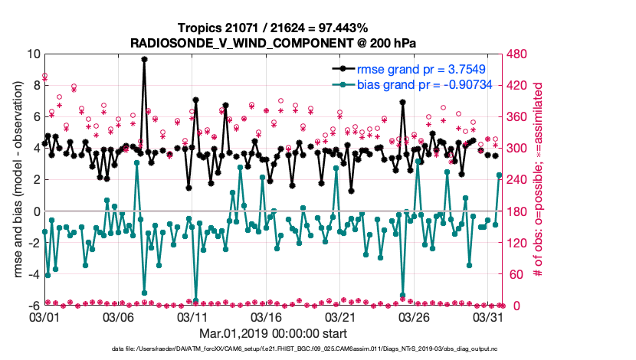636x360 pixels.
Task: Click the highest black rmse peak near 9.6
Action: click(144, 59)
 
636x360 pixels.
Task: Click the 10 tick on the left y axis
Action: click(33, 54)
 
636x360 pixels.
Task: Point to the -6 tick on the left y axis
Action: click(33, 306)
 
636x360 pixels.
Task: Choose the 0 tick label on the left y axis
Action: click(36, 211)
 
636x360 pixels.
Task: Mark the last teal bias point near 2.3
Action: click(500, 175)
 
